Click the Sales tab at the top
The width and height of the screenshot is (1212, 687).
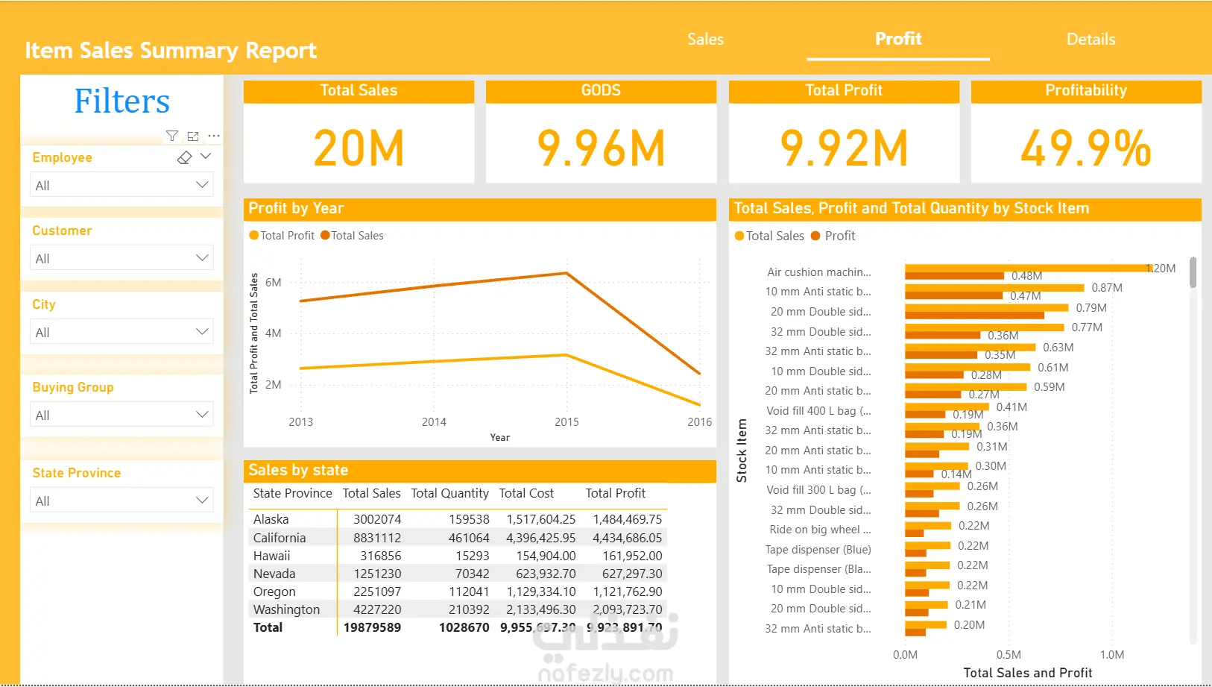click(705, 40)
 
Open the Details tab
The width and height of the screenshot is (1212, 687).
click(1091, 40)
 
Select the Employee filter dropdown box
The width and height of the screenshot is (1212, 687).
click(121, 185)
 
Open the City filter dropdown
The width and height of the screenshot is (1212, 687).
click(121, 332)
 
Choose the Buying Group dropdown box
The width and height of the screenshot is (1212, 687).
click(121, 415)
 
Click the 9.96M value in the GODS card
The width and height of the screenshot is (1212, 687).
click(601, 148)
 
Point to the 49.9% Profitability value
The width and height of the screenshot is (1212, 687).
click(1085, 148)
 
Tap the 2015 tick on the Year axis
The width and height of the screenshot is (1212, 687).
click(566, 422)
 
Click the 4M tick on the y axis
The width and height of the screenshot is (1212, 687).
click(274, 333)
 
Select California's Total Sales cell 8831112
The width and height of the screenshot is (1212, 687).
click(377, 538)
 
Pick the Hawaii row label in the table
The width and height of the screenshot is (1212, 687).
click(272, 556)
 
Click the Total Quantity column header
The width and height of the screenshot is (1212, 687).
click(449, 493)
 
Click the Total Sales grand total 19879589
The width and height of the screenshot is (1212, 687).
click(372, 627)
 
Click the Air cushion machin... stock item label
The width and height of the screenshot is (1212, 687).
click(818, 272)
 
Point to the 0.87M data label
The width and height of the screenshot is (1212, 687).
click(1107, 288)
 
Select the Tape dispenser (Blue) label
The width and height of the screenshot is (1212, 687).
click(818, 550)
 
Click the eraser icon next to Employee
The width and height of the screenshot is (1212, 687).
click(184, 157)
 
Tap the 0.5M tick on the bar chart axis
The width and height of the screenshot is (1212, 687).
click(1009, 655)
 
